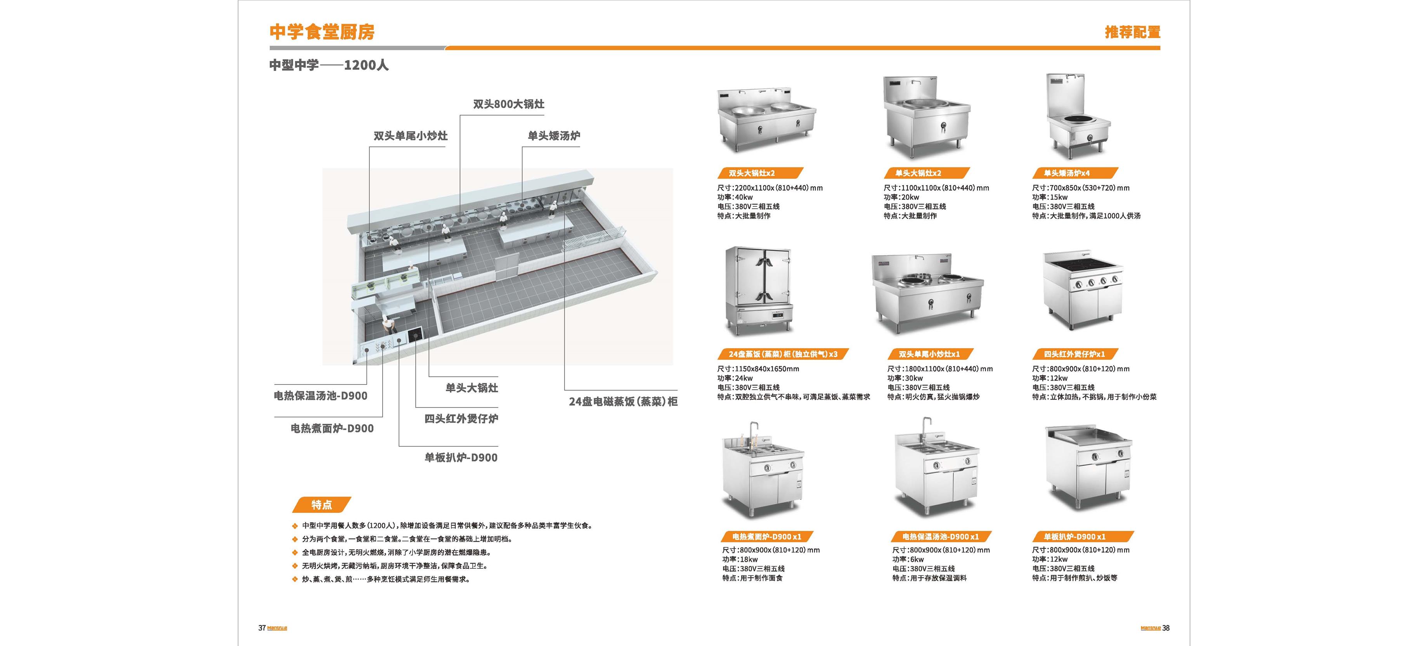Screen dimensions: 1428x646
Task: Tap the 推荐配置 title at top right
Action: click(1133, 32)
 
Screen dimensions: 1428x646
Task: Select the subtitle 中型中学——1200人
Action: click(329, 65)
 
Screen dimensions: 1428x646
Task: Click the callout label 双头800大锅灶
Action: click(508, 104)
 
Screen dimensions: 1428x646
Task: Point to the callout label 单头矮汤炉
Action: click(554, 136)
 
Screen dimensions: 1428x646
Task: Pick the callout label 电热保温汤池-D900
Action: click(321, 396)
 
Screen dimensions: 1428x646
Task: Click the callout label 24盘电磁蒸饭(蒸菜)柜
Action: click(623, 402)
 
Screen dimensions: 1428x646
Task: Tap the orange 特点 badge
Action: click(322, 505)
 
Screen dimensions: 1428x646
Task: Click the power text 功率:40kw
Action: click(735, 197)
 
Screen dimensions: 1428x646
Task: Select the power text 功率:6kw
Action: click(908, 559)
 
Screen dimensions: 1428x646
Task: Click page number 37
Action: click(262, 628)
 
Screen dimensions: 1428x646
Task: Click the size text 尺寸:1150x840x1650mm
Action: click(758, 369)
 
